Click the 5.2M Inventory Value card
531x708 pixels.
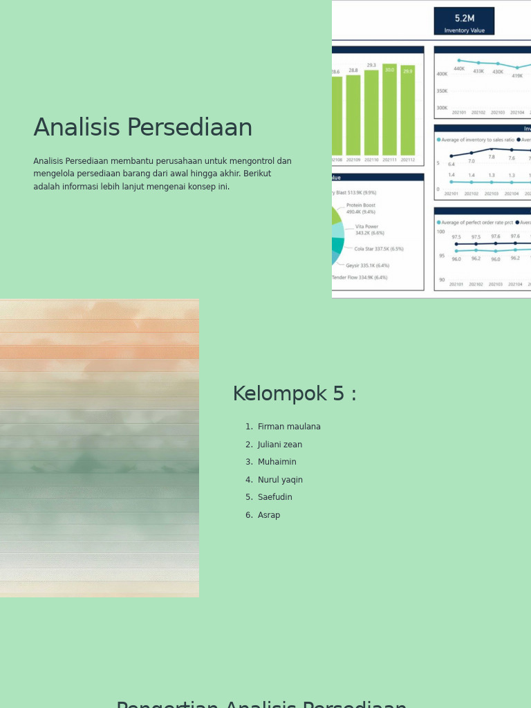(464, 21)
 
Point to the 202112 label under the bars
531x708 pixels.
(408, 160)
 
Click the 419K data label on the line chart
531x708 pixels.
(517, 76)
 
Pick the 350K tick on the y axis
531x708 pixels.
(442, 91)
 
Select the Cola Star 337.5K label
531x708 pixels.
(379, 249)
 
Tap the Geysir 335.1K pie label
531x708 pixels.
(368, 265)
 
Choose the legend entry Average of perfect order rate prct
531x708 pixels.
(477, 223)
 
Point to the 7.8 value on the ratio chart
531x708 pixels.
(492, 157)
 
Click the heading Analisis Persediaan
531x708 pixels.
(142, 128)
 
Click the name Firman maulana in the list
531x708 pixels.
(289, 427)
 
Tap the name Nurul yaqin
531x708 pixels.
(280, 480)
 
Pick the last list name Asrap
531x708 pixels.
(269, 515)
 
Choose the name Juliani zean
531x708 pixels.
(280, 445)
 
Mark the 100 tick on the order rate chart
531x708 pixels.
(440, 232)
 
